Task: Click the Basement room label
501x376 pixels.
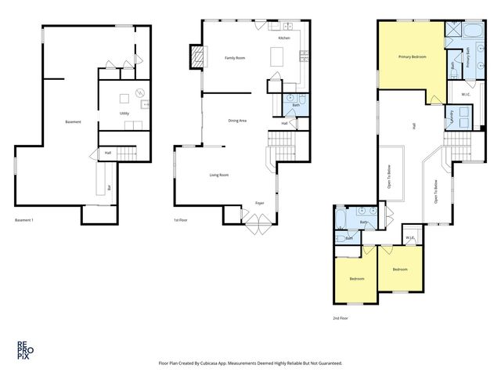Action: tap(74, 121)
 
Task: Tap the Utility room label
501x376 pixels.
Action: tap(124, 114)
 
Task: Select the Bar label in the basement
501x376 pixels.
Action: tap(109, 188)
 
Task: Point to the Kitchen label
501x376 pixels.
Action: tap(284, 38)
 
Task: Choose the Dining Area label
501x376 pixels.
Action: tap(237, 121)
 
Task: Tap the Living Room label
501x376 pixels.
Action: tap(218, 175)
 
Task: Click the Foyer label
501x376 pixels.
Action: tap(259, 203)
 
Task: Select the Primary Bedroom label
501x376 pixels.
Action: tap(412, 56)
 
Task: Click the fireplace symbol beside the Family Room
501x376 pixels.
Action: tap(196, 56)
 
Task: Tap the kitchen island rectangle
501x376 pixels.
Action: tap(276, 57)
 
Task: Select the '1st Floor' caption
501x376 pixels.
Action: tap(182, 220)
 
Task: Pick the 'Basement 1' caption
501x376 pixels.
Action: tap(26, 220)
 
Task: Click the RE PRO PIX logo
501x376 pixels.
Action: tap(26, 349)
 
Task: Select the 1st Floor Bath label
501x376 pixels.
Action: tap(296, 104)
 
